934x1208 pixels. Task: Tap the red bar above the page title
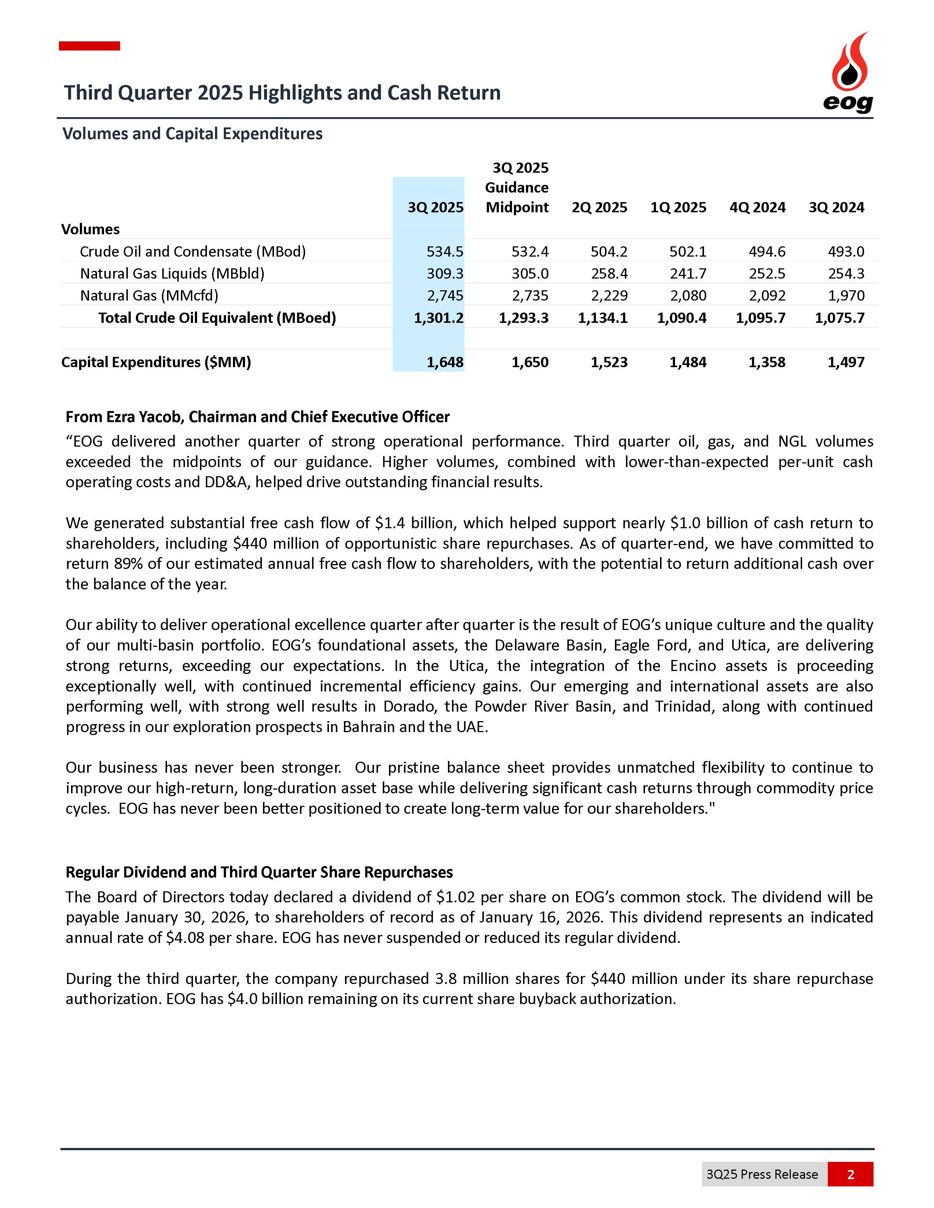point(90,46)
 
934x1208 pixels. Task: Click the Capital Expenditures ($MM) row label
point(156,362)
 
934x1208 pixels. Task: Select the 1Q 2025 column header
point(678,208)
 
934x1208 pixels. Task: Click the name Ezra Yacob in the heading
point(143,417)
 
